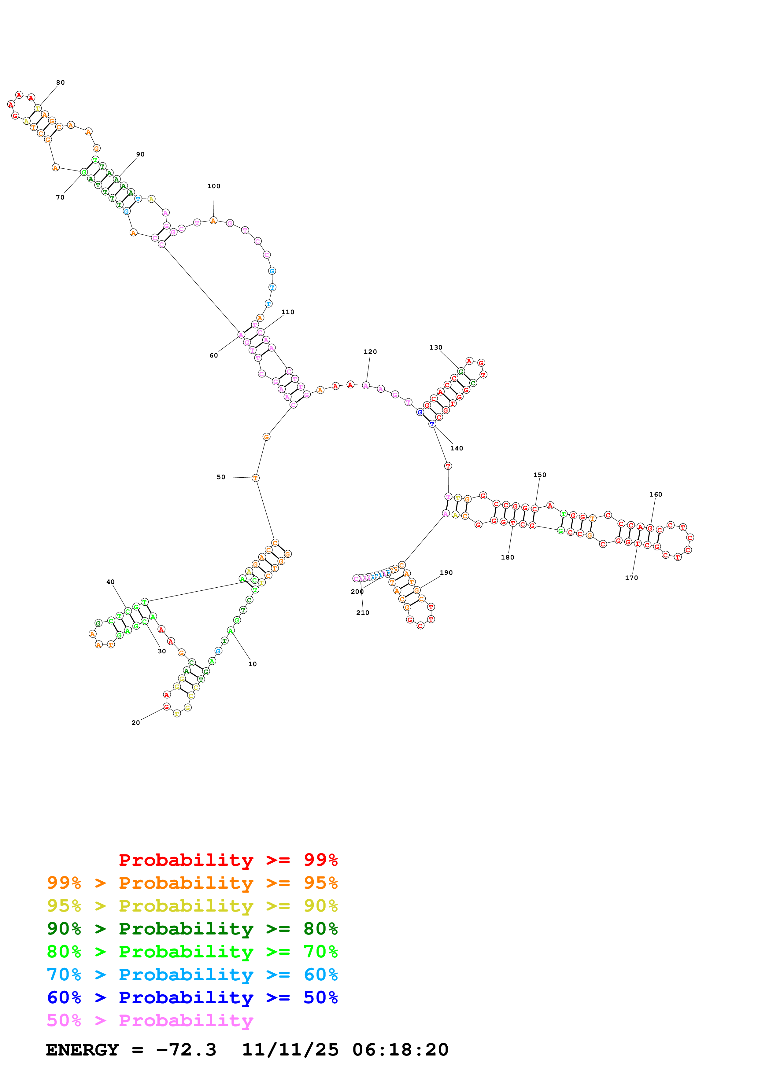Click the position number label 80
pyautogui.click(x=60, y=83)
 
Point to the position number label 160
pyautogui.click(x=655, y=494)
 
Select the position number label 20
pyautogui.click(x=135, y=722)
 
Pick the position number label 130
pyautogui.click(x=435, y=347)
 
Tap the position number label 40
pyautogui.click(x=110, y=582)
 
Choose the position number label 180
pyautogui.click(x=507, y=557)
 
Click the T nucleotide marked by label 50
pyautogui.click(x=255, y=478)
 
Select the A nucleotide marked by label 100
pyautogui.click(x=213, y=220)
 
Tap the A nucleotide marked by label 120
pyautogui.click(x=366, y=385)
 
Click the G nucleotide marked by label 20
pyautogui.click(x=166, y=707)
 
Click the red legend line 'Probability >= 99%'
pyautogui.click(x=228, y=860)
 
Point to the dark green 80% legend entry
pyautogui.click(x=192, y=929)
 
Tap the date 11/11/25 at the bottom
pyautogui.click(x=290, y=1050)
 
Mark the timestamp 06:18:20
pyautogui.click(x=400, y=1050)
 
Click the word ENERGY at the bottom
pyautogui.click(x=82, y=1050)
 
